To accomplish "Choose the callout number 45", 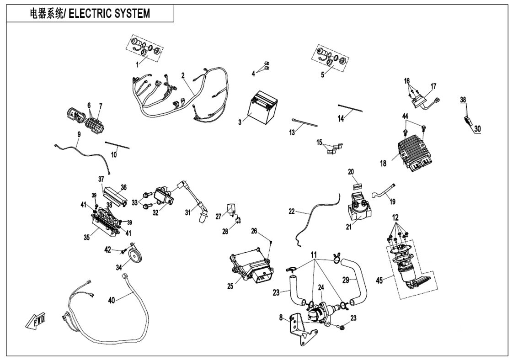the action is pos(379,280).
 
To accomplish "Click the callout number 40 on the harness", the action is pos(112,300).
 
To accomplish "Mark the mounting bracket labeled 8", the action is pos(301,328).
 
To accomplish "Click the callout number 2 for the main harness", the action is pos(183,75).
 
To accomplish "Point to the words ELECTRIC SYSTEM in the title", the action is pos(110,13).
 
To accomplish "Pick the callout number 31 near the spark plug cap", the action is pos(188,212).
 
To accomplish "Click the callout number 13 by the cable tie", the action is pos(292,132).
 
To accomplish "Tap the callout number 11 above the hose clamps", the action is pos(314,254).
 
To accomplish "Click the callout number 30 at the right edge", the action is pos(478,129).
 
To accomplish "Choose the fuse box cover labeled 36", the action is pos(115,195).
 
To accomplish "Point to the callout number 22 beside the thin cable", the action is pos(292,212).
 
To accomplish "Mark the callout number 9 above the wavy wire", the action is pos(79,134).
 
